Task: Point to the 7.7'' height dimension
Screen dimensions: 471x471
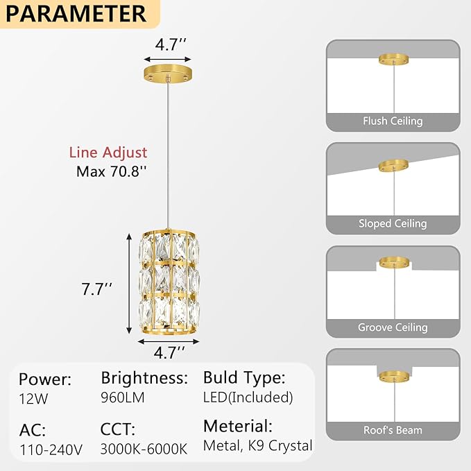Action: click(96, 289)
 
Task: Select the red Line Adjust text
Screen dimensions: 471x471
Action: click(108, 153)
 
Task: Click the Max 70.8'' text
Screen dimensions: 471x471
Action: click(112, 171)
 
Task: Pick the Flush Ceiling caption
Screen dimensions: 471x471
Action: click(393, 121)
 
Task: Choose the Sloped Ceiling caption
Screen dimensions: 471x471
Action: click(393, 223)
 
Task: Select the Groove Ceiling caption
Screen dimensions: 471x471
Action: click(393, 327)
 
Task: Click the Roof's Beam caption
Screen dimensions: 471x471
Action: click(393, 430)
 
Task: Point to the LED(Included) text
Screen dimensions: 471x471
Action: click(248, 397)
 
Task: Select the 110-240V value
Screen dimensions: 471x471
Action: click(51, 448)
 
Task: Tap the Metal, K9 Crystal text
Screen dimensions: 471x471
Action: click(258, 445)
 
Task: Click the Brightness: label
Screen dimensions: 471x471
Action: click(144, 378)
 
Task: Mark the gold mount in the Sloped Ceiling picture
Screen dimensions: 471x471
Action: click(393, 166)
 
